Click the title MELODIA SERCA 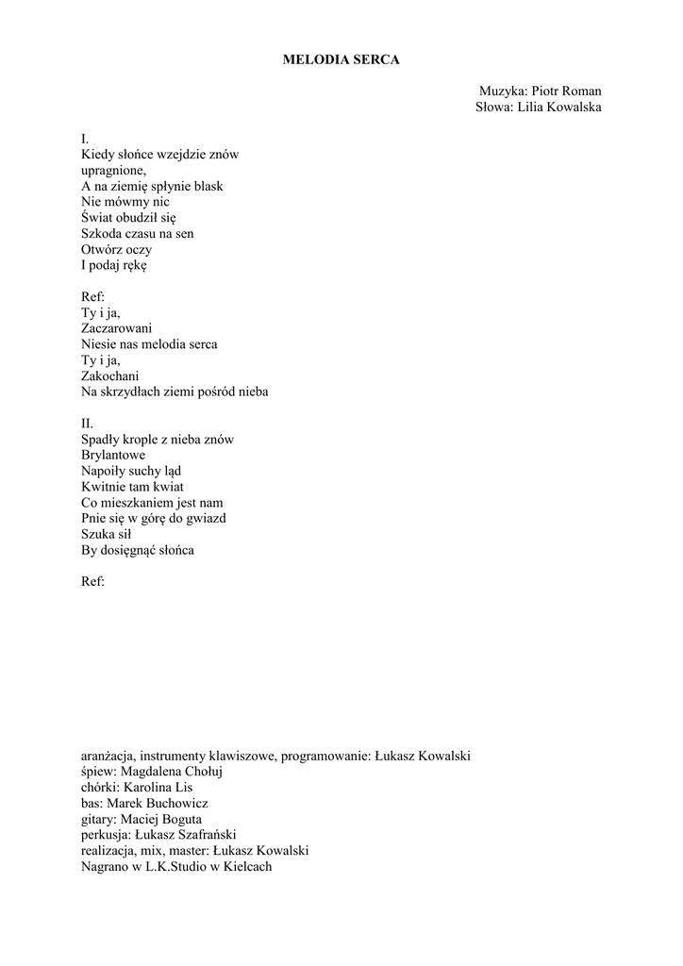pos(341,59)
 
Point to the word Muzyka pos(502,92)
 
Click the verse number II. pos(87,424)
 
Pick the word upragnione pos(113,171)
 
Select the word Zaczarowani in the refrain pos(117,328)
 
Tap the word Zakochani pos(110,375)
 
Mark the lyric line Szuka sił pos(106,534)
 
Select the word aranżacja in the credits pos(108,756)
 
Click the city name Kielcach pos(246,866)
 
